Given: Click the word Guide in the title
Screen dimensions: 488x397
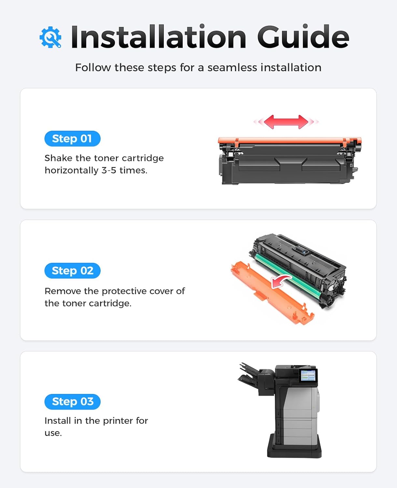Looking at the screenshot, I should coord(303,37).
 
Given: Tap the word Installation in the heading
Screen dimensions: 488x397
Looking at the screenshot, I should coord(158,37).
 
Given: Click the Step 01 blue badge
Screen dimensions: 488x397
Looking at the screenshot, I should coord(72,139).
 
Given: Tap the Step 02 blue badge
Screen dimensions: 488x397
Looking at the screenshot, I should coord(72,271).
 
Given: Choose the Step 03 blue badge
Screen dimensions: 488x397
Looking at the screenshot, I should coord(72,401).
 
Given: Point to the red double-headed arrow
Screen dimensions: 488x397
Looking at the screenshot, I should coord(286,122).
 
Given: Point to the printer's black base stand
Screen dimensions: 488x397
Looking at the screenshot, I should coord(294,451).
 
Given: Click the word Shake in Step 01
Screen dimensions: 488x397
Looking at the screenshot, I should coord(58,158).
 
